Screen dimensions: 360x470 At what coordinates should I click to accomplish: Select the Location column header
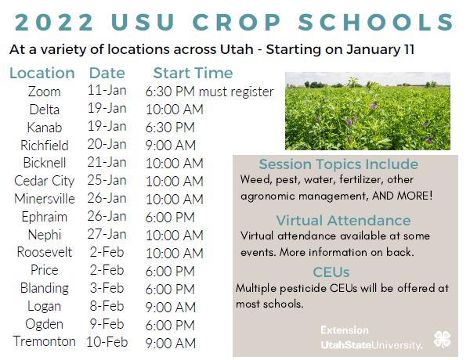[42, 74]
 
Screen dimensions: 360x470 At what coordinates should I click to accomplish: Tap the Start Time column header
[193, 74]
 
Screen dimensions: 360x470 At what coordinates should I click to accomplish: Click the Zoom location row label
[44, 92]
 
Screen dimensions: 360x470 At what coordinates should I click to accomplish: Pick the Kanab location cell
[44, 127]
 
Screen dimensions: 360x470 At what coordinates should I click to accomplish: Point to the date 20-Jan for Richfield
[107, 145]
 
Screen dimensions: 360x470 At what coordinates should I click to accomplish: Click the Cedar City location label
[44, 181]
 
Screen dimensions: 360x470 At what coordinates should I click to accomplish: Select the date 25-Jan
[107, 181]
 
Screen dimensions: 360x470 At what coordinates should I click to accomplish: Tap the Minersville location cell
[44, 199]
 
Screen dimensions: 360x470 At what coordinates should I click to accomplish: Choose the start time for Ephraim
[170, 217]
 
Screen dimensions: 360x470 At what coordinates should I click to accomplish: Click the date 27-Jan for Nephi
[107, 234]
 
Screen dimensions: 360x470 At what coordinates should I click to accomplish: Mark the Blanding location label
[44, 288]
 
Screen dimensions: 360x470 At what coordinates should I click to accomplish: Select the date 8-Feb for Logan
[107, 306]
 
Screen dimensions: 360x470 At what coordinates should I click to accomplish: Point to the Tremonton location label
[44, 341]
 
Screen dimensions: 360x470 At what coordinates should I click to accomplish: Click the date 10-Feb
[107, 342]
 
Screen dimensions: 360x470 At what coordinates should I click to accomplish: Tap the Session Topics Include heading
[338, 165]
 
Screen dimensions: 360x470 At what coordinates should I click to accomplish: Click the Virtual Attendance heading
[343, 220]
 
